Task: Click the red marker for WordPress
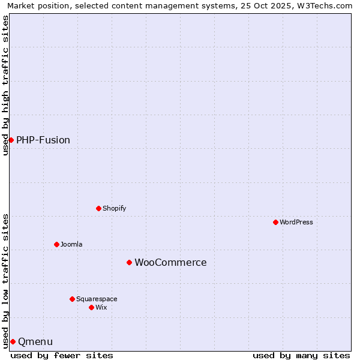tap(275, 222)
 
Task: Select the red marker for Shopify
tap(98, 208)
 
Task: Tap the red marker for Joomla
tap(56, 244)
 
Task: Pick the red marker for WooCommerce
tap(129, 262)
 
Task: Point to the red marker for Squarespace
tap(72, 299)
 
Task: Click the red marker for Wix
tap(91, 307)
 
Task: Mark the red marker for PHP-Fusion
tap(11, 140)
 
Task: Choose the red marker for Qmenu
tap(13, 341)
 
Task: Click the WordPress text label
tap(296, 222)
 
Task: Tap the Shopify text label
tap(114, 208)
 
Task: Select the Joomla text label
tap(71, 244)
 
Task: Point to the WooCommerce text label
tap(170, 262)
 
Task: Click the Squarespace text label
tap(97, 299)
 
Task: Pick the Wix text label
tap(101, 307)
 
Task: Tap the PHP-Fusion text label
tap(43, 140)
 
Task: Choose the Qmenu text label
tap(35, 341)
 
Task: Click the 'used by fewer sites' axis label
tap(62, 355)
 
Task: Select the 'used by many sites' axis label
tap(301, 355)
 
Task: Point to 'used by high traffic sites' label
tap(5, 85)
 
